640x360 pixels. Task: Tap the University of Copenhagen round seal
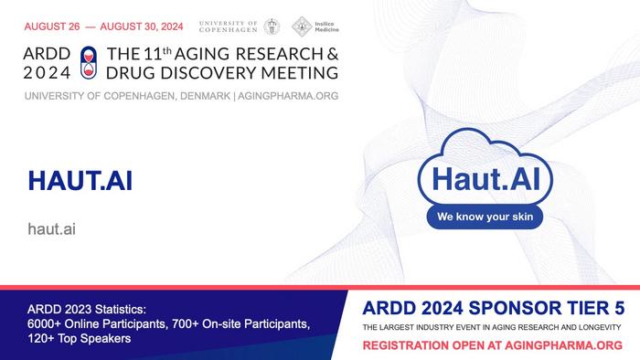coord(272,26)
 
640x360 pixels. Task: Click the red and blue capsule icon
coord(88,61)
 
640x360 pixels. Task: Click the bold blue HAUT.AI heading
coord(80,181)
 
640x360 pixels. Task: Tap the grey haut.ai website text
coord(51,228)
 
